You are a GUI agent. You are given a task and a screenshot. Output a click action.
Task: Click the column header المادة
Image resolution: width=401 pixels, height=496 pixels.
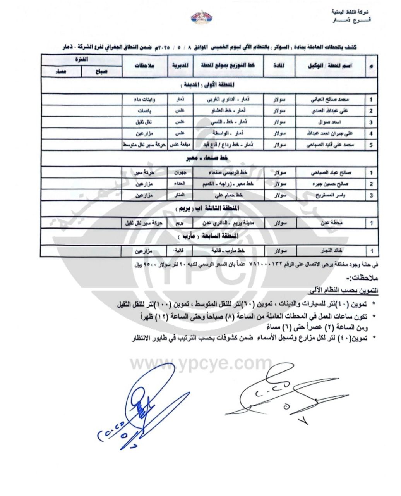coord(279,66)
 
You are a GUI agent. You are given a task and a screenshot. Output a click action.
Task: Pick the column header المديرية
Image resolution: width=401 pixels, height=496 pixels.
coord(180,66)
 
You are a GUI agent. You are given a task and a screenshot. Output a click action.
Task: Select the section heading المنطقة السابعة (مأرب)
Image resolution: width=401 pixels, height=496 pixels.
coord(209,236)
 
